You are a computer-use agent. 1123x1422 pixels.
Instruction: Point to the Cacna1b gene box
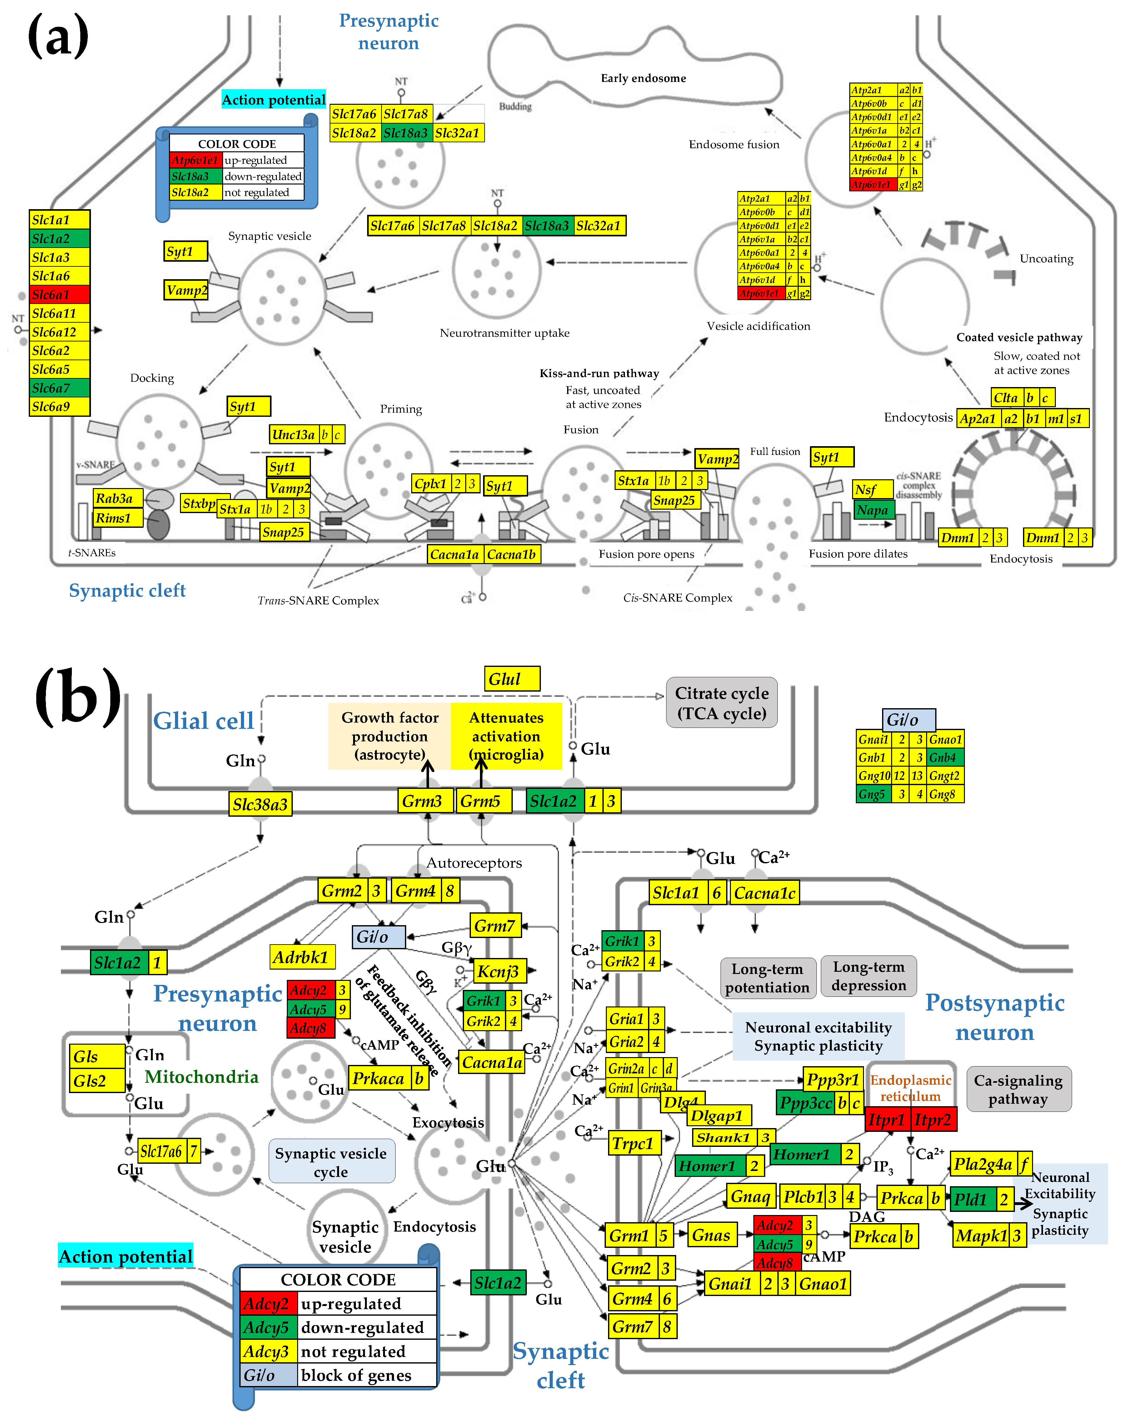coord(512,554)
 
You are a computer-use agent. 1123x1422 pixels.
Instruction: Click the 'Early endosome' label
coord(643,78)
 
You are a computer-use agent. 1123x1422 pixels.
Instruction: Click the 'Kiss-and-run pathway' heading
coord(599,374)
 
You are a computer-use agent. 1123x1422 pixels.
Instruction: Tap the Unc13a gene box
coord(294,435)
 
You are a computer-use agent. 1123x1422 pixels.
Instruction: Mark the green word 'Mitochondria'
coord(201,1077)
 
